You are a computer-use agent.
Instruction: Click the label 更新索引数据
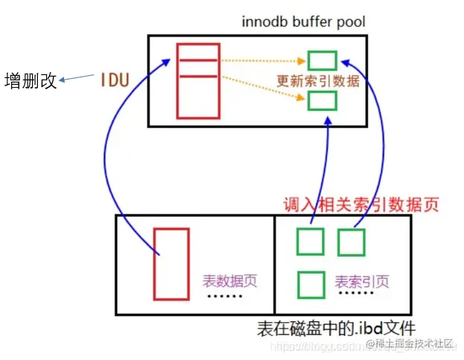coord(318,80)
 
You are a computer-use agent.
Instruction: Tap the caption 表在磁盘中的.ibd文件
coord(335,327)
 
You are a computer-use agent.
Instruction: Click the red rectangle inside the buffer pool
coord(199,81)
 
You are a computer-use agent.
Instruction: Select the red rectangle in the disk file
coord(171,263)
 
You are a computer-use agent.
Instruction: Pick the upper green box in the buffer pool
coord(323,60)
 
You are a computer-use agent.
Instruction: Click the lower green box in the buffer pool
coord(323,100)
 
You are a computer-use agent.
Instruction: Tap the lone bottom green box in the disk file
coord(311,285)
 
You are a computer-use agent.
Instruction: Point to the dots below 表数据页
coord(224,298)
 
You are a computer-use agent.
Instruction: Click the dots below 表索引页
coord(355,298)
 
